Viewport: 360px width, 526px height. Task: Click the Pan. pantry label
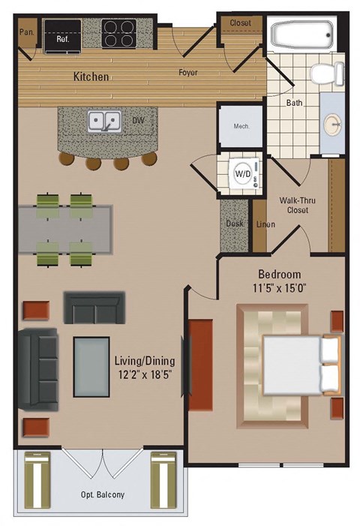[26, 33]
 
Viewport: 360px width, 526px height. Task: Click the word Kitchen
[91, 77]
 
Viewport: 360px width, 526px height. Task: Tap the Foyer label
[187, 73]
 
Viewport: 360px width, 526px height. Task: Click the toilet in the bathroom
[327, 74]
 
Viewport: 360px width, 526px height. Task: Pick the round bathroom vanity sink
[332, 123]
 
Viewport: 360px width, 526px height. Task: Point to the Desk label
[234, 224]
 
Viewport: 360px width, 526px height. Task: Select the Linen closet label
[265, 224]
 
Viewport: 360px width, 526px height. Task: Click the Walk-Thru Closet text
[293, 205]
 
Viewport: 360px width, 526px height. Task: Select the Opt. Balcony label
[102, 495]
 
